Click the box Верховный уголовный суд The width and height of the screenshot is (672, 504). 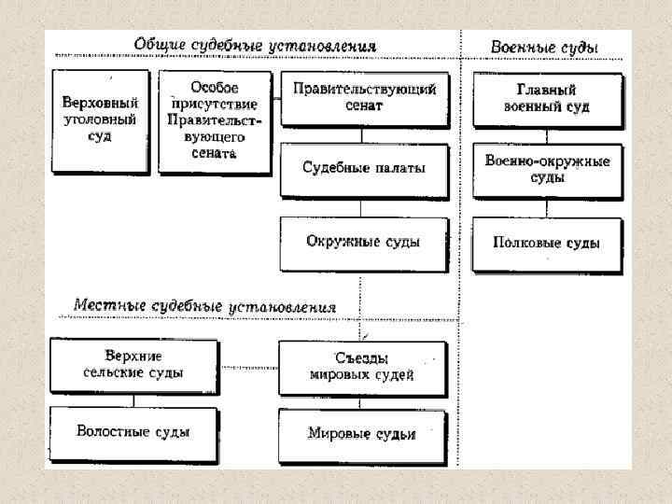100,120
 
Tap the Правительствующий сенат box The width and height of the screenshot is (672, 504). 364,98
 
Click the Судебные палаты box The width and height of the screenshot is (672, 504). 364,169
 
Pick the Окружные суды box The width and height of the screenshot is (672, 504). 364,242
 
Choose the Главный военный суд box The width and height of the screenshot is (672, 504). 546,98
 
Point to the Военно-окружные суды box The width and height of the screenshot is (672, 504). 546,169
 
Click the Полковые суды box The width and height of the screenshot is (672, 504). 546,243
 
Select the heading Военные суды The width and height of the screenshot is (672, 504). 544,47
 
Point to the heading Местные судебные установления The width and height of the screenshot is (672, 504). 204,307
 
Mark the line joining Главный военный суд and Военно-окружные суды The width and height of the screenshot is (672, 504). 546,133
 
